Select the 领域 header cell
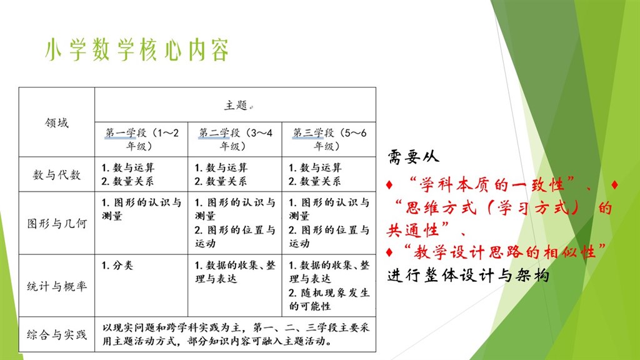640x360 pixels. (57, 122)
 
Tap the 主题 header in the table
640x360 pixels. (236, 105)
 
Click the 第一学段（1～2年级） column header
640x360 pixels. (141, 139)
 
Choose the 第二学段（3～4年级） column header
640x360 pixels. (235, 139)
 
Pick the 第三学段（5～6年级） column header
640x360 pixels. (329, 139)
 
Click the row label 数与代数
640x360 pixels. (57, 174)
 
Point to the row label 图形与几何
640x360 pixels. (57, 224)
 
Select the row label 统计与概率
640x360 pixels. (57, 286)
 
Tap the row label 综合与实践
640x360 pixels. (57, 335)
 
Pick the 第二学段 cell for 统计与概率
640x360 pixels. (235, 272)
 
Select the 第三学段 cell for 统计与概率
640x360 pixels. (329, 286)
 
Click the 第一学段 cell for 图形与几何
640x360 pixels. (141, 209)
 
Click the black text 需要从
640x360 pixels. (413, 155)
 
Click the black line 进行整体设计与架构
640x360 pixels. (468, 275)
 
